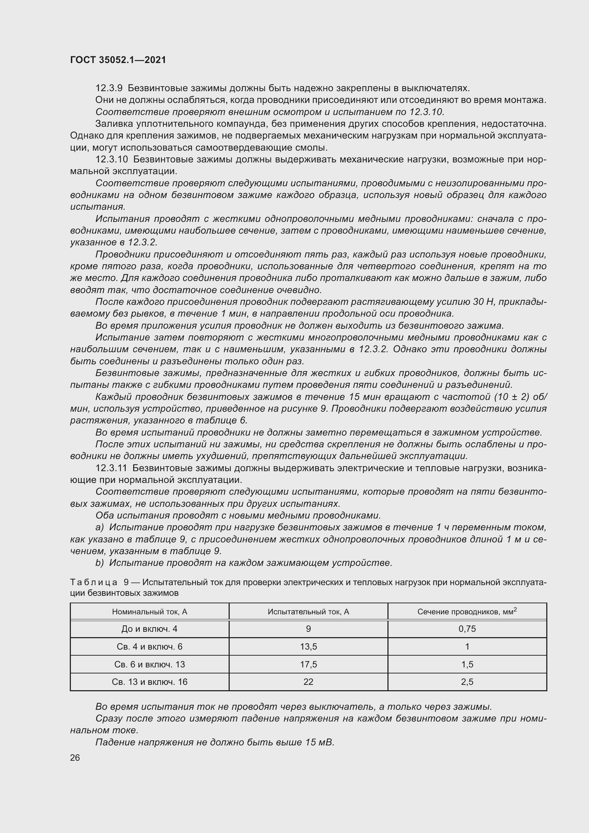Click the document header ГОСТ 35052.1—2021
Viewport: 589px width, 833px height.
pyautogui.click(x=118, y=60)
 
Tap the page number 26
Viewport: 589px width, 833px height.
pyautogui.click(x=75, y=758)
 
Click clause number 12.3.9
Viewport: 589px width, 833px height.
pyautogui.click(x=109, y=88)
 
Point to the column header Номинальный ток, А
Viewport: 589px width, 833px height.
pyautogui.click(x=150, y=612)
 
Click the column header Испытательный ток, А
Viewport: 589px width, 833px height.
pyautogui.click(x=308, y=612)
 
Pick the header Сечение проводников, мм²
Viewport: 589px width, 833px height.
pyautogui.click(x=467, y=612)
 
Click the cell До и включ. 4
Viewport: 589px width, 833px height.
pyautogui.click(x=150, y=629)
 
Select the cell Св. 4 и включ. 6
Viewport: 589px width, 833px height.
pyautogui.click(x=150, y=646)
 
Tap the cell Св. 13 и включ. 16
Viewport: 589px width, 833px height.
pyautogui.click(x=150, y=682)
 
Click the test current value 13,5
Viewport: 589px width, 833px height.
pyautogui.click(x=308, y=646)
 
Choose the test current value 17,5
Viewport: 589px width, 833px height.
pyautogui.click(x=308, y=664)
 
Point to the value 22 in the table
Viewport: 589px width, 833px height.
pyautogui.click(x=308, y=682)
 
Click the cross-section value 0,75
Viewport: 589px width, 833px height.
pyautogui.click(x=467, y=629)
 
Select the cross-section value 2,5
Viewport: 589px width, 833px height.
pyautogui.click(x=467, y=682)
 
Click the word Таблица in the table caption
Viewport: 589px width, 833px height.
pyautogui.click(x=94, y=582)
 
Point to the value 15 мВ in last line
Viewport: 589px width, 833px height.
pyautogui.click(x=319, y=742)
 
